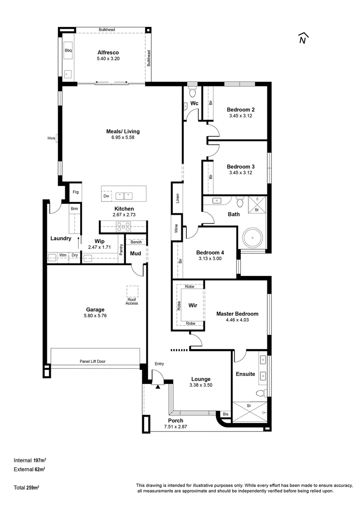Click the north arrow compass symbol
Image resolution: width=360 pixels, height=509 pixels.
click(303, 38)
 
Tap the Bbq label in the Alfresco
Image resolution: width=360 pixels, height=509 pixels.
click(68, 50)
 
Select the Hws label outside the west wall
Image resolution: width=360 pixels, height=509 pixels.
click(51, 138)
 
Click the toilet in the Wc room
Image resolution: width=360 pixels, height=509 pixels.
click(193, 92)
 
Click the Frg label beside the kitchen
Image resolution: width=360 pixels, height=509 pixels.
click(76, 192)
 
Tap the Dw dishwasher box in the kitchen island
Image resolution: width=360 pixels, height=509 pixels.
click(107, 196)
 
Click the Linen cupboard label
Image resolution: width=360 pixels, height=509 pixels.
click(177, 198)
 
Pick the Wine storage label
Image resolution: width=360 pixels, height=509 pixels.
click(176, 228)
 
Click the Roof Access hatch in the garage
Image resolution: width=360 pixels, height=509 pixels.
click(132, 292)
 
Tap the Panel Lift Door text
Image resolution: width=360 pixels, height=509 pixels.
click(93, 361)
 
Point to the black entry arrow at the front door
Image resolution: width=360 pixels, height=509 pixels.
click(158, 386)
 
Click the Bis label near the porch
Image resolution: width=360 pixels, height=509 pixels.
click(225, 414)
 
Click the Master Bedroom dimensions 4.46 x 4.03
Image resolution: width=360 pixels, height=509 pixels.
click(238, 320)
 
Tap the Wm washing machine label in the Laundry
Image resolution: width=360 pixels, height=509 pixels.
click(63, 255)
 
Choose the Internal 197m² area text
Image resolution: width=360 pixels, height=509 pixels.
click(30, 460)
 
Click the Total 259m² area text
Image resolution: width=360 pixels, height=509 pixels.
click(26, 487)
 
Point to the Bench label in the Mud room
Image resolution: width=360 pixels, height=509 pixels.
click(136, 242)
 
